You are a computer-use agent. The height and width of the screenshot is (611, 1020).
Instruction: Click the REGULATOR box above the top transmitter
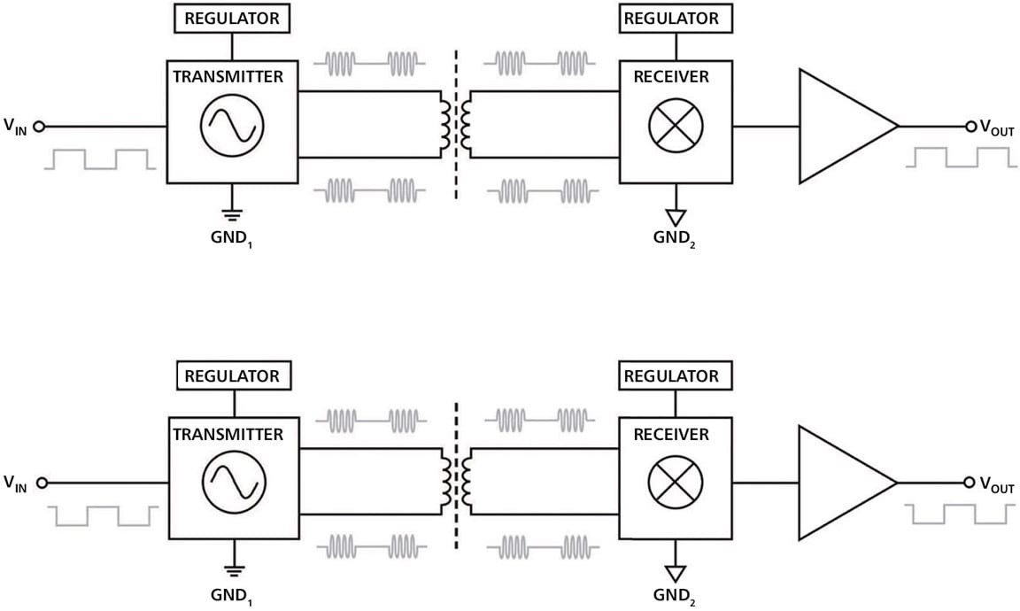[232, 19]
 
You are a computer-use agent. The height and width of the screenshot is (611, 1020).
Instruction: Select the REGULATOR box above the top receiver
[676, 19]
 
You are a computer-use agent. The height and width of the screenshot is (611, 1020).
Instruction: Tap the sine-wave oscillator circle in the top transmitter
[232, 126]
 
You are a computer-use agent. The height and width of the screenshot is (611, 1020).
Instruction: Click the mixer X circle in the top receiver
[676, 126]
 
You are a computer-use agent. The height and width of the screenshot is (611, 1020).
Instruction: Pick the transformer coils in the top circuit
[455, 126]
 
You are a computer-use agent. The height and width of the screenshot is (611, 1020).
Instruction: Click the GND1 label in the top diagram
[232, 238]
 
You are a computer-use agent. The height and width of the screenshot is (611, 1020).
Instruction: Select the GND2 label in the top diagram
[674, 238]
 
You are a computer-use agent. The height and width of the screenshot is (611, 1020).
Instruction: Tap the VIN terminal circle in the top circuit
[39, 127]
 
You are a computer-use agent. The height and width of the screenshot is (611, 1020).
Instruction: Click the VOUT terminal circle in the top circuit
[970, 127]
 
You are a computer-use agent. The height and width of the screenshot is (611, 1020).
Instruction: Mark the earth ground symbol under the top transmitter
[232, 213]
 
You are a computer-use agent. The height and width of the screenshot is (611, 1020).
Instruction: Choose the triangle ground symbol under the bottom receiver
[676, 574]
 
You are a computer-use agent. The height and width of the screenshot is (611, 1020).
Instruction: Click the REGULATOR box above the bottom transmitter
[234, 375]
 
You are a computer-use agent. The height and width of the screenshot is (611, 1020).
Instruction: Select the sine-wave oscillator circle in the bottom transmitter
[234, 483]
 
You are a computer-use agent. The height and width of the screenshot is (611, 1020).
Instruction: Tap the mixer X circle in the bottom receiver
[676, 483]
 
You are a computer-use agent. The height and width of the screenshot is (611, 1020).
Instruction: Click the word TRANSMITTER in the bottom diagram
[228, 435]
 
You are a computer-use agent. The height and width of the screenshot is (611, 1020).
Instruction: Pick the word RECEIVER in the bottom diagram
[671, 435]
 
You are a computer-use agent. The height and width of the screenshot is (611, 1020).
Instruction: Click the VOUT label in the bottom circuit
[997, 484]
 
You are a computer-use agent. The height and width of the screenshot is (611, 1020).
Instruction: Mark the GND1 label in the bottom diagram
[232, 596]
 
